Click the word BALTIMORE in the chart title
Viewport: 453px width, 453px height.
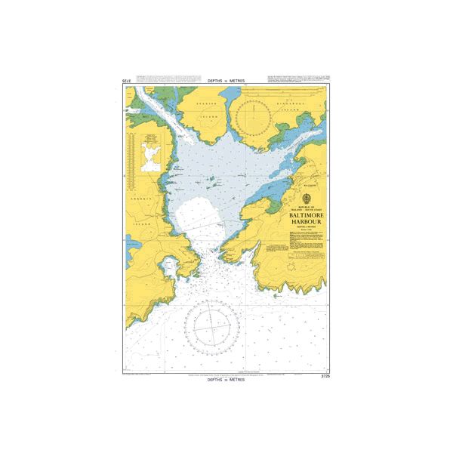click(304, 214)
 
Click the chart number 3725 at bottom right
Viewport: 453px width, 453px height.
click(326, 375)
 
